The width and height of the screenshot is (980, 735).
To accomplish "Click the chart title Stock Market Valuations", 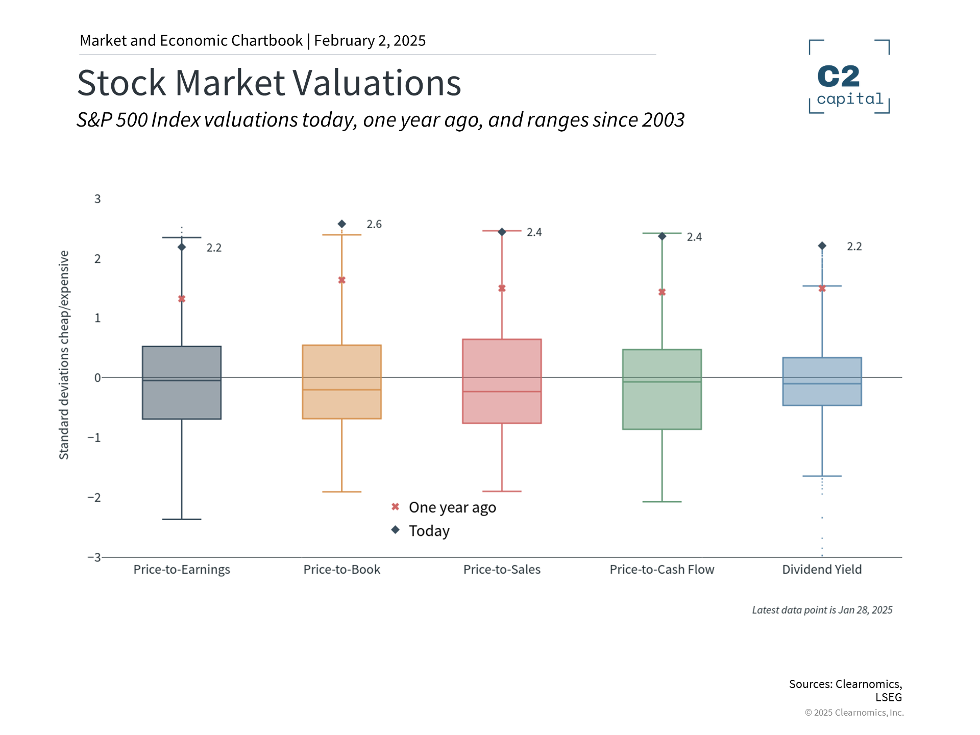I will click(x=269, y=83).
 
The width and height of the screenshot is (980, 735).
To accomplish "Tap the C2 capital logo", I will click(x=849, y=77).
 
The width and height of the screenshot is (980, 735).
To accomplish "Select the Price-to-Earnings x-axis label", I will click(x=182, y=570).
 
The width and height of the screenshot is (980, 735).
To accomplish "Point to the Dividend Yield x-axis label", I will click(x=822, y=570).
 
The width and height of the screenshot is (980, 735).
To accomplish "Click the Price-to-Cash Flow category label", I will click(x=661, y=570).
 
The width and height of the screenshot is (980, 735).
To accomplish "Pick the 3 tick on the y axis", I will click(x=97, y=199).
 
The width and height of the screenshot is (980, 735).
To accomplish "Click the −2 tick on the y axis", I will click(x=94, y=498).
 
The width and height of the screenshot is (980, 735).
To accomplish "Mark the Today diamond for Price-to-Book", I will click(x=342, y=224).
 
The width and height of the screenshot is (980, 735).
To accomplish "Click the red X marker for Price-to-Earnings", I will click(x=182, y=299).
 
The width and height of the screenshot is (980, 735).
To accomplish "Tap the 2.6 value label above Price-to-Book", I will click(x=374, y=224).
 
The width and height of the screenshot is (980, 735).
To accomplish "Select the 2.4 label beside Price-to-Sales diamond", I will click(x=534, y=232).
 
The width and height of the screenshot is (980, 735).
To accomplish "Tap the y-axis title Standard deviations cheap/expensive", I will click(x=64, y=355).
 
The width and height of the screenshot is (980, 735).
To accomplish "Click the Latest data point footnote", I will click(x=822, y=610).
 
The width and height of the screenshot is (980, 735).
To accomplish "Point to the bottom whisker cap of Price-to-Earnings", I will click(x=182, y=519).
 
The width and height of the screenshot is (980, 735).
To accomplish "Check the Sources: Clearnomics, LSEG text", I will click(x=845, y=690).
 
